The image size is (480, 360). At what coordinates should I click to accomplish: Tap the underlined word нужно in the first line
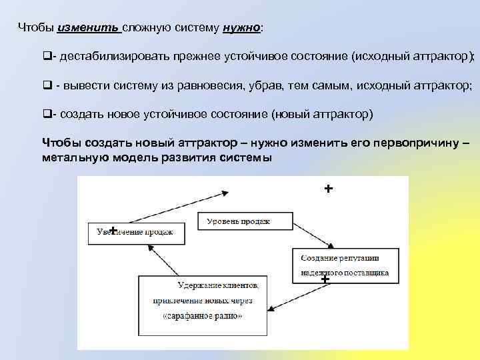pos(242,29)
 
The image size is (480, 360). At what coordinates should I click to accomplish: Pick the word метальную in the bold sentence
pos(69,158)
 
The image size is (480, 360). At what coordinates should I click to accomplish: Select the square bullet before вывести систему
pos(46,85)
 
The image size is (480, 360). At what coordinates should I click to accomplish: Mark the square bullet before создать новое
pos(46,114)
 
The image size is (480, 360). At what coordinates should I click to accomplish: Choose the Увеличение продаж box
pos(131,232)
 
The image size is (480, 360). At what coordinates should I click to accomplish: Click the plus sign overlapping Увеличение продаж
pos(114,230)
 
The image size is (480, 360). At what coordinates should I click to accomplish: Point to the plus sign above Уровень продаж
pos(328,189)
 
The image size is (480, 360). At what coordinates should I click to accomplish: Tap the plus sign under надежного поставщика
pos(325,279)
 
